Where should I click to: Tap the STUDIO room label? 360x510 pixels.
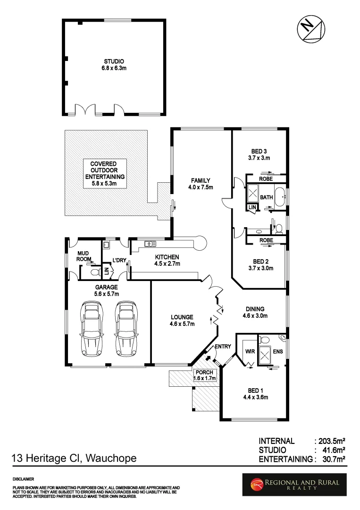(x=114, y=61)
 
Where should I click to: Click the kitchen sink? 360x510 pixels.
(x=151, y=244)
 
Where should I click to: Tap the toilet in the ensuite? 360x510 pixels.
(x=265, y=340)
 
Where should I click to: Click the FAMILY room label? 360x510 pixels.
(x=200, y=180)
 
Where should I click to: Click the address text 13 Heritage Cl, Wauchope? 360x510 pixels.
(x=74, y=458)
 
